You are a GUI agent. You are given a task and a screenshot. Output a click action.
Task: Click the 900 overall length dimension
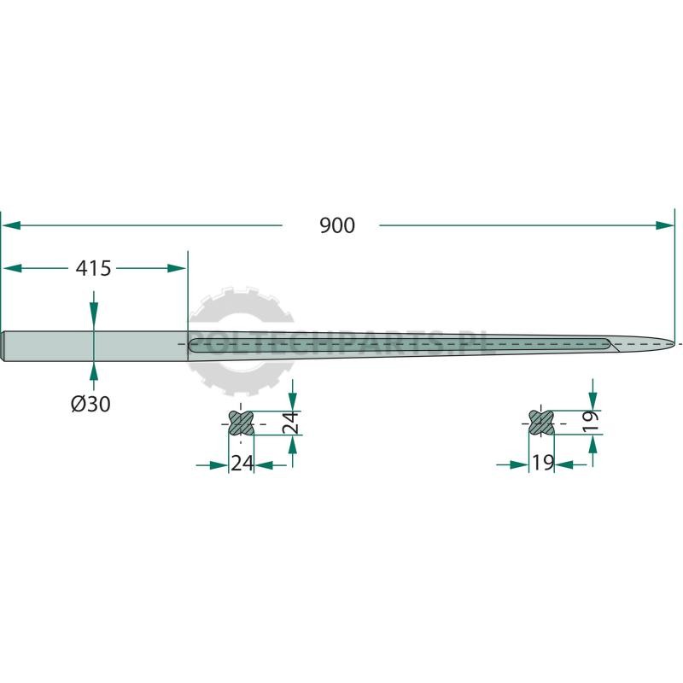coord(337,225)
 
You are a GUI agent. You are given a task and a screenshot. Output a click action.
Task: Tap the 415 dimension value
coord(93,268)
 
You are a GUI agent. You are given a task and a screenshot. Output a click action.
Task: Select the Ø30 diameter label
coord(90,404)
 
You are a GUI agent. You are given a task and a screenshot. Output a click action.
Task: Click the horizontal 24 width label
coord(242,463)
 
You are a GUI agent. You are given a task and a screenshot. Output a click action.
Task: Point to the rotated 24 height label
coord(290,422)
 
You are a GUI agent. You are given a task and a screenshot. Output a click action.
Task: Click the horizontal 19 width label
coord(543,463)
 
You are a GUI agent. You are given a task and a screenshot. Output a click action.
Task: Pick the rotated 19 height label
coord(591,422)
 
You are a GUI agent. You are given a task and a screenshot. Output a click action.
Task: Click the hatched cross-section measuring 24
coord(241,423)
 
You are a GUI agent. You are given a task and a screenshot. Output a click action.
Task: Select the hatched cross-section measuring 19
coord(541,423)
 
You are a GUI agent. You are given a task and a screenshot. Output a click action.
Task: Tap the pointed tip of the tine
coord(673,344)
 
